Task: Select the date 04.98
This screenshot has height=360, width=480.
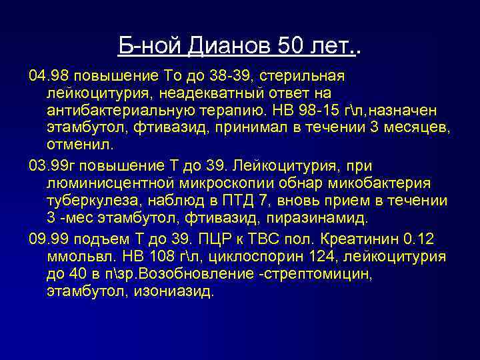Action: (x=48, y=73)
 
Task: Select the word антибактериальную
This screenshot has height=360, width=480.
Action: (x=118, y=109)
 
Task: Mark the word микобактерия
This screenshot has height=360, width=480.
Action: (x=387, y=183)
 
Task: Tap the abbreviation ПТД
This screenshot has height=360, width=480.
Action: (x=230, y=201)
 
